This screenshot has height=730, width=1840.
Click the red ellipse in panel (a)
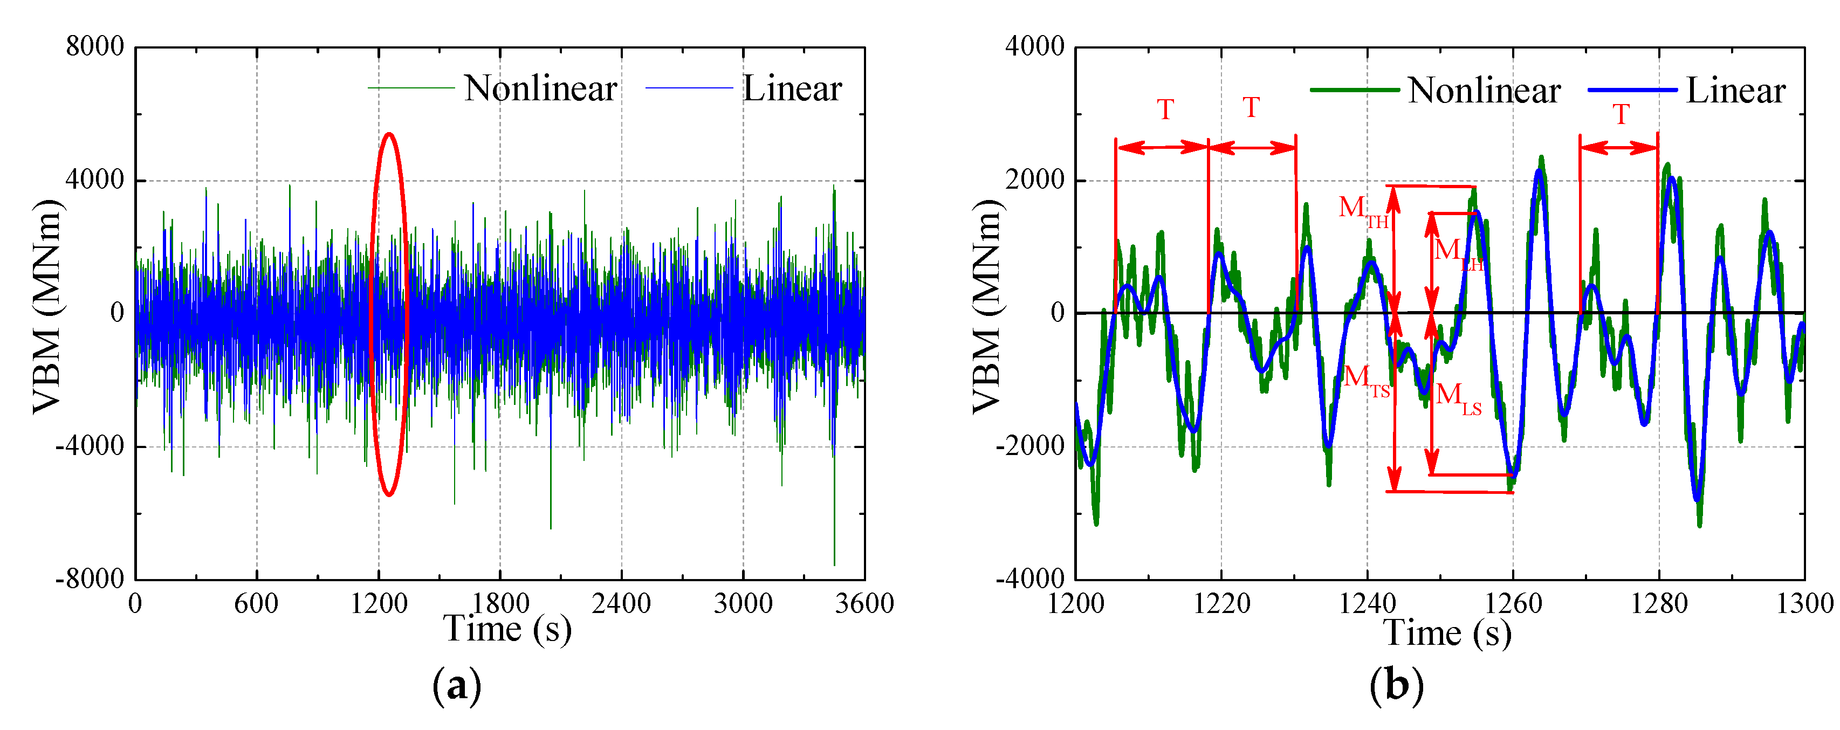372,314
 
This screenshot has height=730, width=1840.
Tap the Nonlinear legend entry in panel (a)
539,88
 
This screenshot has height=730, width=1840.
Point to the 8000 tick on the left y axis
95,46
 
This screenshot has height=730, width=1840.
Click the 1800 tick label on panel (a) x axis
500,604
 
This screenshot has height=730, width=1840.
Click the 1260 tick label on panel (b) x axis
1513,604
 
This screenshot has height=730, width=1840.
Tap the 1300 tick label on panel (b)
1804,604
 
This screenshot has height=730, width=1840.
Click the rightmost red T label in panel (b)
1621,114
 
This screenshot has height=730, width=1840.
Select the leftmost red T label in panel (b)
1165,110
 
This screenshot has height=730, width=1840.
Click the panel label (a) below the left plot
457,686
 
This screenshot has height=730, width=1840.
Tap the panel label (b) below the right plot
1396,686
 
